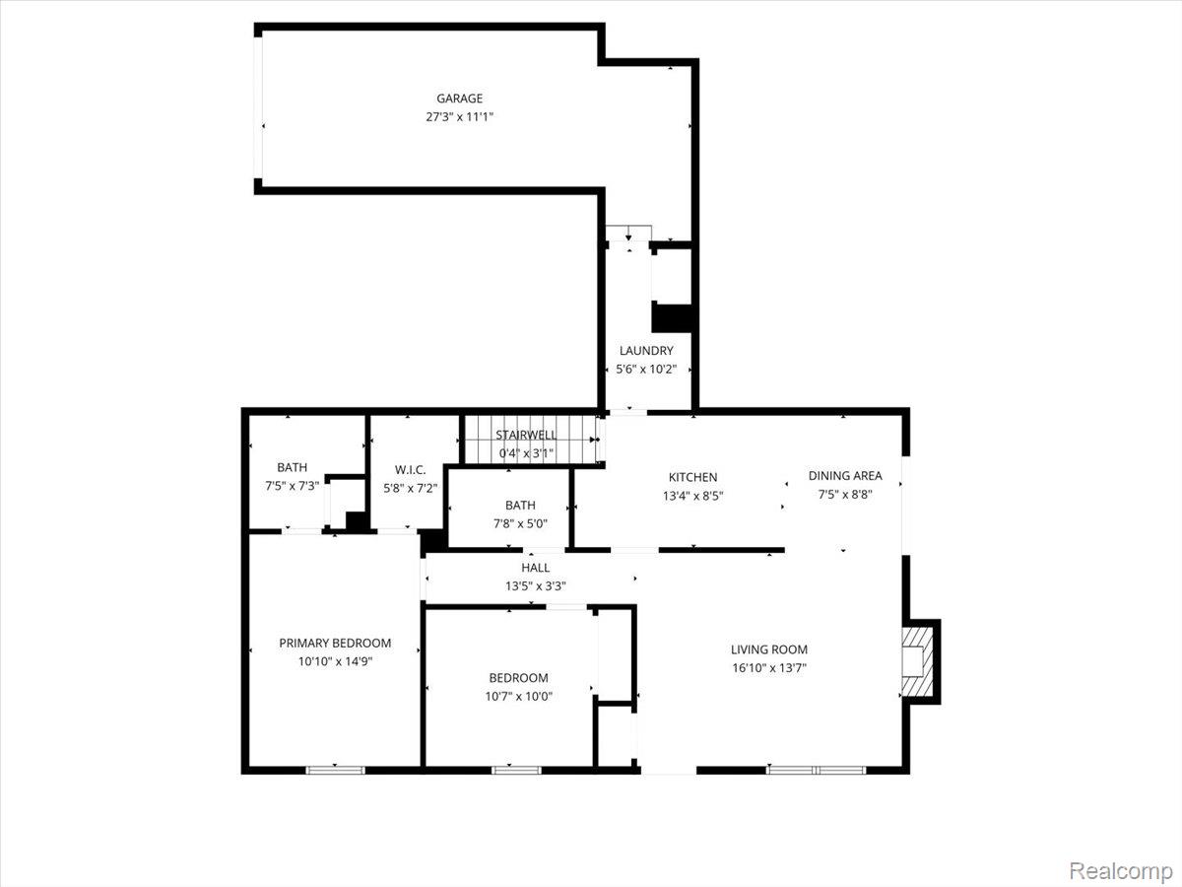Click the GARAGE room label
click(x=459, y=99)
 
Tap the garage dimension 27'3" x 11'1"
click(x=459, y=116)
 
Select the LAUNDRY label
click(x=646, y=351)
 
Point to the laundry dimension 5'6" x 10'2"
click(x=646, y=369)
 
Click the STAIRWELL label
click(x=526, y=435)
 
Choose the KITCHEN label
click(x=692, y=477)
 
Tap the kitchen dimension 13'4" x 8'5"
click(x=692, y=496)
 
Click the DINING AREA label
click(x=845, y=476)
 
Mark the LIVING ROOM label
click(x=769, y=649)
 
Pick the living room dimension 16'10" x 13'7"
click(x=769, y=667)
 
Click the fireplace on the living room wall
click(x=918, y=661)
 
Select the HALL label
click(x=536, y=568)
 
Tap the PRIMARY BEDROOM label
click(x=335, y=643)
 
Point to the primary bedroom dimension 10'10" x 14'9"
click(x=335, y=661)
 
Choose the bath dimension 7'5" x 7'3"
click(x=292, y=486)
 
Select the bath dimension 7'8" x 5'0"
click(x=520, y=523)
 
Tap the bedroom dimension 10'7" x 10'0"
click(x=519, y=696)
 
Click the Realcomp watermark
click(x=1120, y=870)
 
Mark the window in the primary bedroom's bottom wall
click(x=335, y=769)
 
